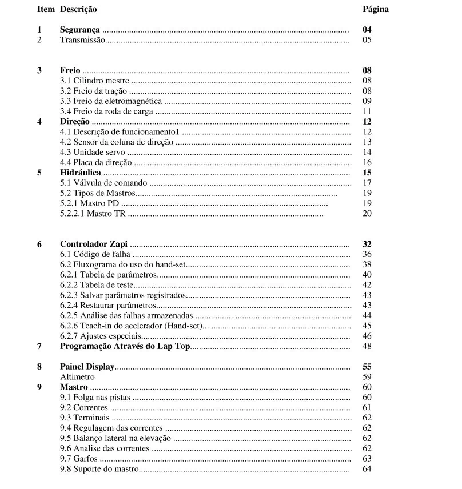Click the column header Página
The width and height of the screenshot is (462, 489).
click(376, 9)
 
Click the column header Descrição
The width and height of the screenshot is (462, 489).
click(78, 9)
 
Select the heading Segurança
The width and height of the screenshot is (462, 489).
click(79, 30)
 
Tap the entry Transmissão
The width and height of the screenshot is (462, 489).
click(82, 40)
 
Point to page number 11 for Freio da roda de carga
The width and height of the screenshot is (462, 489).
click(367, 112)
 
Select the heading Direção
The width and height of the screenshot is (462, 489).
click(75, 122)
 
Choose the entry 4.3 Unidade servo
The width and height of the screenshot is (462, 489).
click(92, 153)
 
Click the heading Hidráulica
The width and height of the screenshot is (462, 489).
click(80, 173)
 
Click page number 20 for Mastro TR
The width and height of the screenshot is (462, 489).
click(367, 214)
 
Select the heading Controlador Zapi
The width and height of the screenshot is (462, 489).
click(94, 244)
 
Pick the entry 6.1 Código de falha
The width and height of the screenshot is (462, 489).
click(95, 254)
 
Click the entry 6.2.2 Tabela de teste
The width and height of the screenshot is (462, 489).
click(97, 285)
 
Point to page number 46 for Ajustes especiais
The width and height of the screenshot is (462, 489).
click(367, 336)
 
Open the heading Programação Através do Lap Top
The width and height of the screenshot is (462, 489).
click(125, 346)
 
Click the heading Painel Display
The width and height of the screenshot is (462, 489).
click(87, 367)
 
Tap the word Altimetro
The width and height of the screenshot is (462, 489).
click(77, 377)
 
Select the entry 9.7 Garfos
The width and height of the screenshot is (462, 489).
click(79, 459)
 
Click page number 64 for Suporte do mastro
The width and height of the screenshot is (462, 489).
click(367, 469)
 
